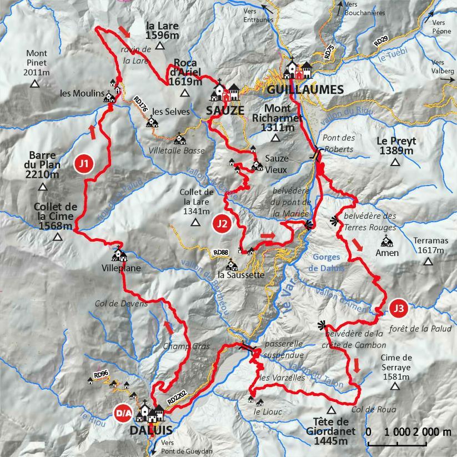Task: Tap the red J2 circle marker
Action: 222,224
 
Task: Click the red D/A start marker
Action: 122,413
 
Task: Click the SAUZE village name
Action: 225,110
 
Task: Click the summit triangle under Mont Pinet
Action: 34,84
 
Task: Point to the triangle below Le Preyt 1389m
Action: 395,163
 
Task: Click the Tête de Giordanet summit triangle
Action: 332,410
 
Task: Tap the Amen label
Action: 387,253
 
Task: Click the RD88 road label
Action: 220,253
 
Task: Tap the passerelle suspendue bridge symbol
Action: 248,348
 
